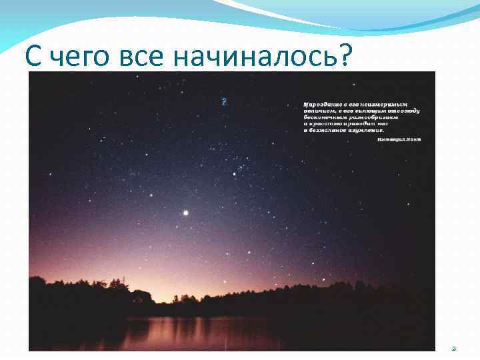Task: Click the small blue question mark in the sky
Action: (x=224, y=102)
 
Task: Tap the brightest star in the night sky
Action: (x=185, y=213)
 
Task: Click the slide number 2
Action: (x=453, y=348)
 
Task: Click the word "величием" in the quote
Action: (x=316, y=111)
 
